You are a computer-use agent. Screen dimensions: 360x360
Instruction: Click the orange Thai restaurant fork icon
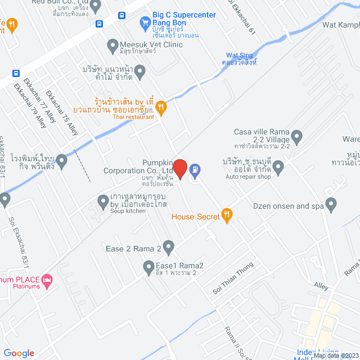coord(161,107)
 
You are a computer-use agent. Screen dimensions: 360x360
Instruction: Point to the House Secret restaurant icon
coord(227,214)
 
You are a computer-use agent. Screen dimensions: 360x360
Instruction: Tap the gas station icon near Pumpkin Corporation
coord(195,168)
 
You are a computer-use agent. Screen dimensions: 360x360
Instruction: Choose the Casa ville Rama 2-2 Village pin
coord(297,136)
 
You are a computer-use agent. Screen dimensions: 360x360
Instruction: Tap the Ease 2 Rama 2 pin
coord(168,246)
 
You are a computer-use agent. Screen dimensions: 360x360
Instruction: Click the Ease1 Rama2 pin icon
coord(148,266)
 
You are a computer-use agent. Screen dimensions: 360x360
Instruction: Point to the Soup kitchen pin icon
coord(103,200)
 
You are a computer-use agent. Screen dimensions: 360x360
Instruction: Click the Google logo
coord(19,353)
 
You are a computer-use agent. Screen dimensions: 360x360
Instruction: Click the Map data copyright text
coord(335,355)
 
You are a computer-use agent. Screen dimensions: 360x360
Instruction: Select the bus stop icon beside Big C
coord(99,24)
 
